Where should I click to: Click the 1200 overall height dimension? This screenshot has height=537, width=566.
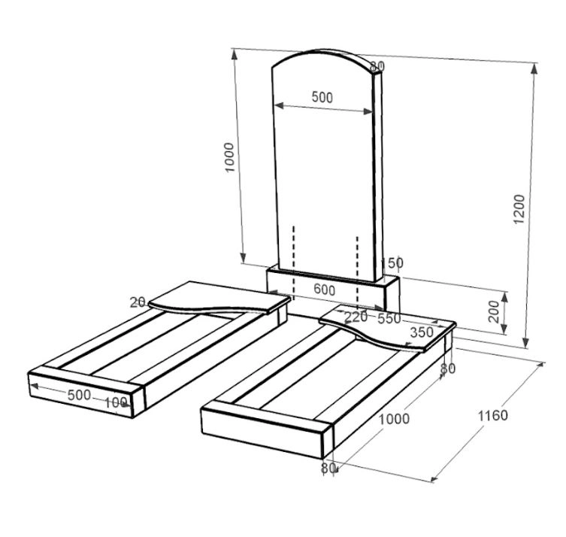pos(519,209)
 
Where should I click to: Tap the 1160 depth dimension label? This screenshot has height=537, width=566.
pos(493,416)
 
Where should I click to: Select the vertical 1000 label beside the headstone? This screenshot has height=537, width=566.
pos(229,157)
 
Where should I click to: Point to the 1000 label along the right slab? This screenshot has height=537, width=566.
pos(394,419)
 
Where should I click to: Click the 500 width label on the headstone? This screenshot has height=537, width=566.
pos(322,97)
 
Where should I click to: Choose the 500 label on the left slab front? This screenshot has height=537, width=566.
pos(79,395)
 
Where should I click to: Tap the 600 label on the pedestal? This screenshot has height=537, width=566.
pos(324,290)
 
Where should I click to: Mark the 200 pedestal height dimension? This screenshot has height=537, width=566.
pos(493,311)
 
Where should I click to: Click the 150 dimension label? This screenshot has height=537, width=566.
pos(393,262)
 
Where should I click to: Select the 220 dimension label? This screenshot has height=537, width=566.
pos(356,317)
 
